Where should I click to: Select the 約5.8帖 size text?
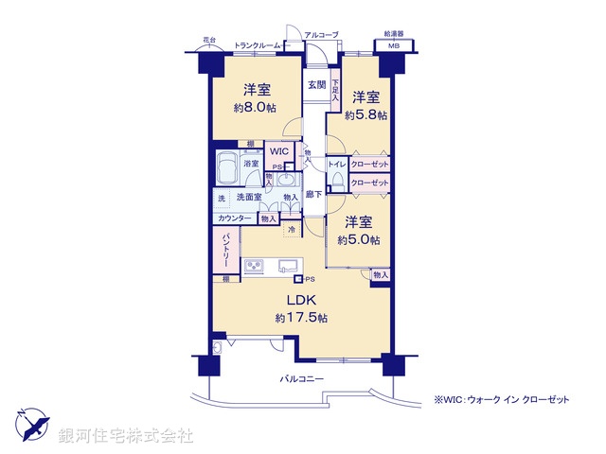click(x=366, y=115)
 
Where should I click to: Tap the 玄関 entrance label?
click(x=315, y=84)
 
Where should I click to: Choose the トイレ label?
click(x=337, y=164)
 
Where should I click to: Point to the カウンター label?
click(x=234, y=218)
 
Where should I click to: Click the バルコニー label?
click(x=302, y=379)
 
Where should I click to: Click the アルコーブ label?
click(x=321, y=35)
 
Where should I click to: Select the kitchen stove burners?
click(x=256, y=269)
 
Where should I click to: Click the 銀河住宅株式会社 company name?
click(x=126, y=436)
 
